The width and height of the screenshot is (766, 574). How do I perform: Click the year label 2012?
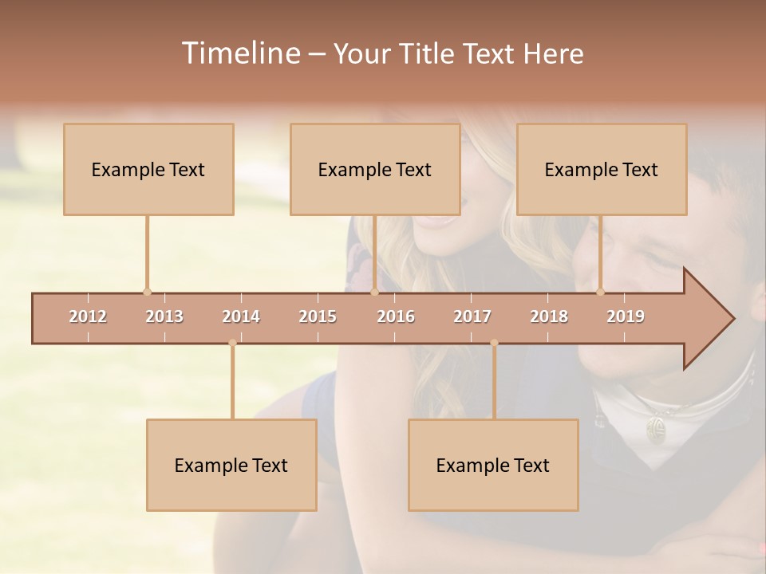[88, 317]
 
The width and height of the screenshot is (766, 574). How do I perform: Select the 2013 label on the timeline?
[164, 317]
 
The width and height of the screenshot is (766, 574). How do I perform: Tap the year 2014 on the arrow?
[241, 317]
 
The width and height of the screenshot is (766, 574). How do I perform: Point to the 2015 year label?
[318, 317]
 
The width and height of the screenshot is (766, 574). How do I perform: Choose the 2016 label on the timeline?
[396, 317]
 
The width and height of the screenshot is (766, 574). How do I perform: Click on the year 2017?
[472, 317]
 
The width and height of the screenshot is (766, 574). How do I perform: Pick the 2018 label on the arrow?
[549, 317]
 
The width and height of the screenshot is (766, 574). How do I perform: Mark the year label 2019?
[626, 317]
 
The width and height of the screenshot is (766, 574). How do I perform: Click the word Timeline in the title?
[239, 53]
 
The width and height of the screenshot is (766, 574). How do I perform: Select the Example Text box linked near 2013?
[148, 169]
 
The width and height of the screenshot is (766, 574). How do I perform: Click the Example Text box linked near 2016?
[375, 169]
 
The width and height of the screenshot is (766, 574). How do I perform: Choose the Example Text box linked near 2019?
[602, 169]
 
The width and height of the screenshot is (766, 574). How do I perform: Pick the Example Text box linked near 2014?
[231, 465]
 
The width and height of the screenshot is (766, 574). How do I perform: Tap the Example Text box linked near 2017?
[493, 465]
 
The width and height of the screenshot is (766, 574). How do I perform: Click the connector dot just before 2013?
[147, 292]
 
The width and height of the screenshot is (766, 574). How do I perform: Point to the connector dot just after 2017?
[494, 343]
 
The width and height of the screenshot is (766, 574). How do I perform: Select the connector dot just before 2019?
[600, 292]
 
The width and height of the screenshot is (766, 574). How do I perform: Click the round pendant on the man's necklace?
[656, 430]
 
